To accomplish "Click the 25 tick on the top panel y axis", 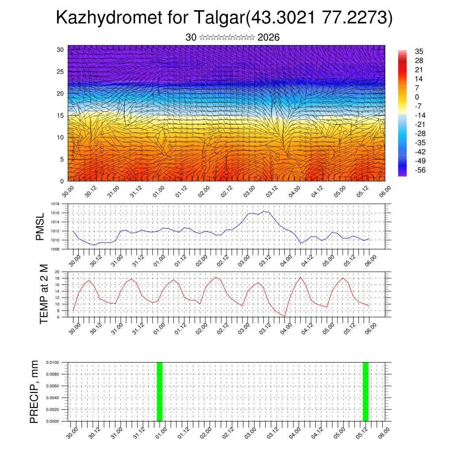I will [61, 72].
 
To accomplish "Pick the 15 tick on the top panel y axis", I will [61, 115].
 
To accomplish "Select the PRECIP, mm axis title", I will [34, 392].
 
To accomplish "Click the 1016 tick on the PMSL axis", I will [55, 213].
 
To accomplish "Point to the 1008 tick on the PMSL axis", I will [55, 250].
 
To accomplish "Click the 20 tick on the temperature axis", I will [57, 272].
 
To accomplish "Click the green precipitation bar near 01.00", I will [160, 392].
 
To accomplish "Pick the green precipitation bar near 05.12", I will [365, 392].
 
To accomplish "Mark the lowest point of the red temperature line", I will [285, 316].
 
